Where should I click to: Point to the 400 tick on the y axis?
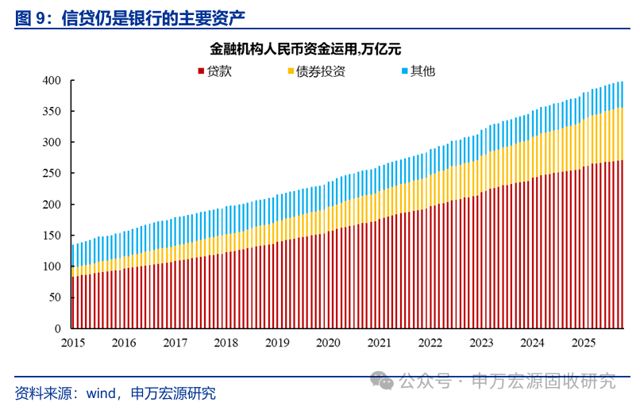52,81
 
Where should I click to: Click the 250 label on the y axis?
52,174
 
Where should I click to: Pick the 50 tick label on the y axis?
55,297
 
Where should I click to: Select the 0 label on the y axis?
58,328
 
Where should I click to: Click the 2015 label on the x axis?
72,343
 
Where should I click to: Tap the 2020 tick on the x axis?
328,343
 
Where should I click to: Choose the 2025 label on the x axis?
584,343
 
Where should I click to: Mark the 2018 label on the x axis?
225,343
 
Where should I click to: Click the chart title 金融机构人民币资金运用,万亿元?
318,48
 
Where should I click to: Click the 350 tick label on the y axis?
52,112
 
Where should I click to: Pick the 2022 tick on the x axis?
430,343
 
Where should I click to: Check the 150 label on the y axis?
52,236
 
